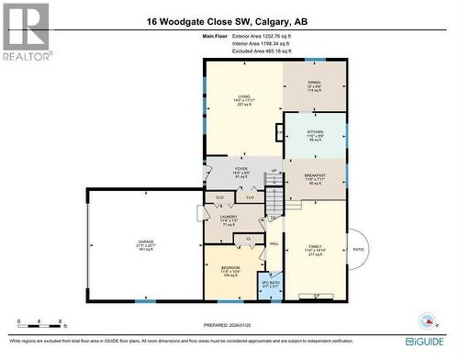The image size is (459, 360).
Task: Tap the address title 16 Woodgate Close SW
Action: point(229,21)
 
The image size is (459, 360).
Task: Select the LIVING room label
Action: point(244,96)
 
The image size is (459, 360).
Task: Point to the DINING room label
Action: point(315,83)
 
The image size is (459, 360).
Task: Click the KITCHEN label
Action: point(315,132)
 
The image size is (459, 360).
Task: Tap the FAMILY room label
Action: point(315,247)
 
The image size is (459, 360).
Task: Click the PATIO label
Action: point(358,249)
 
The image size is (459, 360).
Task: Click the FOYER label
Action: point(241,169)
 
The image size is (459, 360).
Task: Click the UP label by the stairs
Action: point(274,171)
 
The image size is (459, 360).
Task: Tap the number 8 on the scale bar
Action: point(61,322)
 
